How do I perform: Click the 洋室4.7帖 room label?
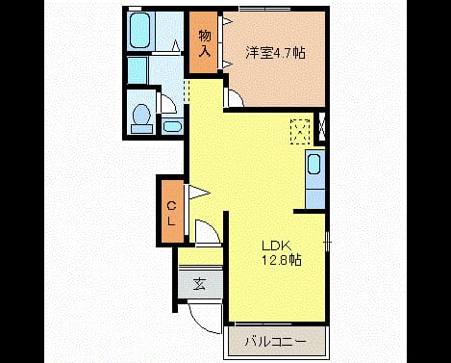tap(275, 53)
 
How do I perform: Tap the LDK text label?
tap(277, 246)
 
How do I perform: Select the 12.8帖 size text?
tap(282, 260)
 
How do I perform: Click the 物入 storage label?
tap(205, 42)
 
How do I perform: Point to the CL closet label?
tap(172, 213)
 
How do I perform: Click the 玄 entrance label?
tap(199, 284)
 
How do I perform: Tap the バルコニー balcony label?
tap(276, 342)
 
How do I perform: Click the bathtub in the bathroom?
tap(140, 30)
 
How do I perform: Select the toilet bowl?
tap(141, 118)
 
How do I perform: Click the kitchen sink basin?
tap(313, 165)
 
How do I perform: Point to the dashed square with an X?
tap(300, 132)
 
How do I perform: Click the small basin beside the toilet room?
tap(172, 126)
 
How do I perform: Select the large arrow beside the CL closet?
tap(199, 193)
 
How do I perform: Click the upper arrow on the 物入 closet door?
tap(227, 21)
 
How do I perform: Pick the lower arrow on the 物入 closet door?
tap(227, 64)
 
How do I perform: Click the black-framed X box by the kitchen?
tap(322, 127)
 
